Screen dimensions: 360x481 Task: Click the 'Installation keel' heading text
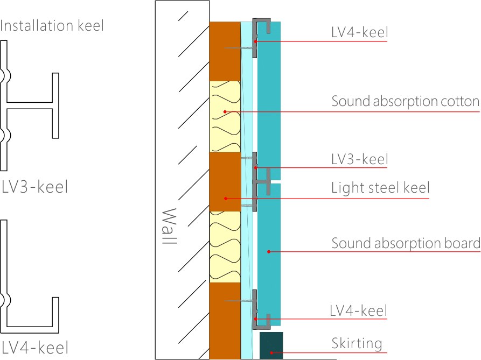(52, 25)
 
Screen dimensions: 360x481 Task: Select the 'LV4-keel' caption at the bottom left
(35, 347)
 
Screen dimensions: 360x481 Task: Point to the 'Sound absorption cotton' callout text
(405, 101)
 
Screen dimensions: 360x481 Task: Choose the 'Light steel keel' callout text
(380, 188)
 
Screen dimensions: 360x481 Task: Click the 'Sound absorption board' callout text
(406, 243)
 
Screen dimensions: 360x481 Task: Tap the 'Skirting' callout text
(357, 343)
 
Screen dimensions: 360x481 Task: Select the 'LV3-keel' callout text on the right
(359, 159)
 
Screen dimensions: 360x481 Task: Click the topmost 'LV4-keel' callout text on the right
(359, 32)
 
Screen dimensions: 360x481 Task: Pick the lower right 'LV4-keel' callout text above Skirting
(359, 310)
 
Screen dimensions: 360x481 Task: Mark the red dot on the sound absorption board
(268, 251)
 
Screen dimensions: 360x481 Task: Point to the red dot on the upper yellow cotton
(225, 112)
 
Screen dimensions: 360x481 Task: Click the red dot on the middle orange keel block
(225, 199)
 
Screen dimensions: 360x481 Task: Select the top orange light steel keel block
(225, 51)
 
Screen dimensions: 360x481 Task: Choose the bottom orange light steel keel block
(225, 321)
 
